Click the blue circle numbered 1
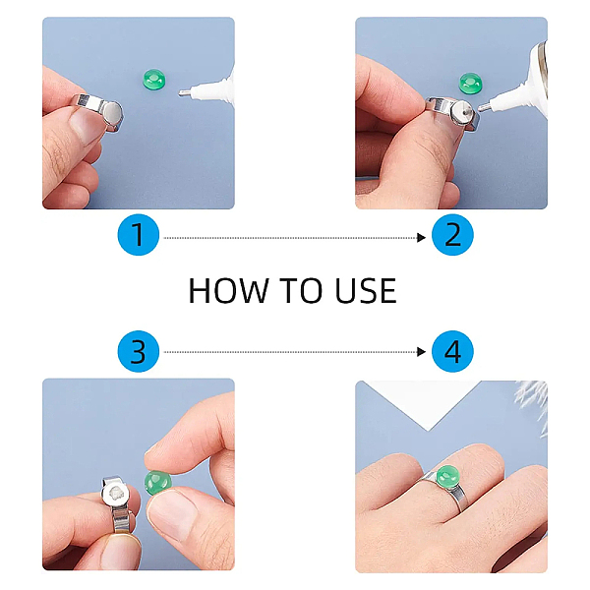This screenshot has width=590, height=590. pyautogui.click(x=138, y=235)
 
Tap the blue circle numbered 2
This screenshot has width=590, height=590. pyautogui.click(x=452, y=235)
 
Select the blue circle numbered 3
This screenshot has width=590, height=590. pyautogui.click(x=138, y=351)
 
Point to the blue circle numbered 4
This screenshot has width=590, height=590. pyautogui.click(x=452, y=351)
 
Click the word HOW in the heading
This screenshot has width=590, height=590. pyautogui.click(x=229, y=290)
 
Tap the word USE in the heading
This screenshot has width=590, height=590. pyautogui.click(x=366, y=290)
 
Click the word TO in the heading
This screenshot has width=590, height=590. pyautogui.click(x=301, y=290)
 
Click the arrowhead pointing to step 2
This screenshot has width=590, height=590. pyautogui.click(x=422, y=238)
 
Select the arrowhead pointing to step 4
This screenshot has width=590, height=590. pyautogui.click(x=422, y=352)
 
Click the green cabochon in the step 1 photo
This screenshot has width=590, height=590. pyautogui.click(x=154, y=79)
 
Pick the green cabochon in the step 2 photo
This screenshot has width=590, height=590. pyautogui.click(x=470, y=83)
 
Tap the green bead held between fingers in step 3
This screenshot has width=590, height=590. pyautogui.click(x=158, y=483)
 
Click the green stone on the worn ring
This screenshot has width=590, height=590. pyautogui.click(x=448, y=476)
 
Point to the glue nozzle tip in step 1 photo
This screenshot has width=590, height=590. pyautogui.click(x=180, y=93)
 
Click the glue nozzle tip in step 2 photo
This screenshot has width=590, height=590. pyautogui.click(x=480, y=109)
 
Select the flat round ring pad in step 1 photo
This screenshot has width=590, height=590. pyautogui.click(x=112, y=114)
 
